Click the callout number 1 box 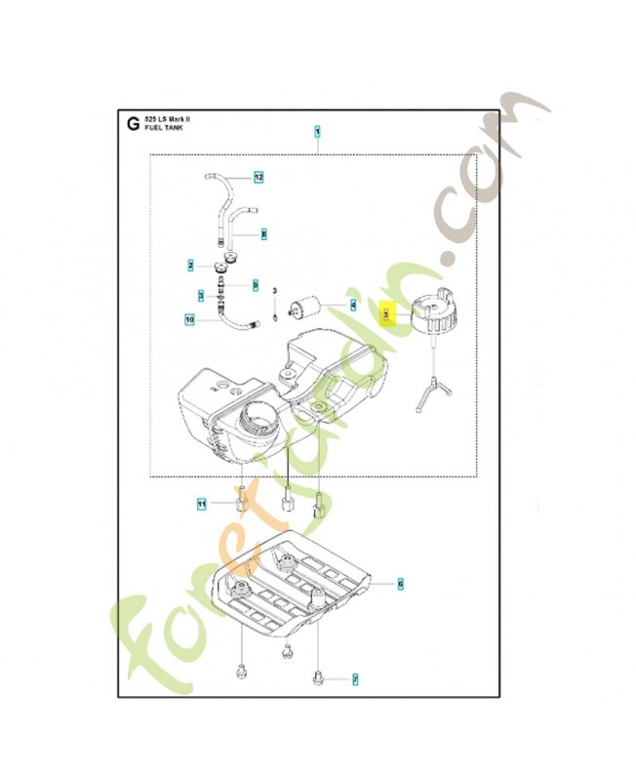click(x=317, y=130)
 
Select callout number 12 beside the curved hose click(x=259, y=178)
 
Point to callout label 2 click(x=192, y=265)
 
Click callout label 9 click(x=256, y=284)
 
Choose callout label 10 click(x=190, y=318)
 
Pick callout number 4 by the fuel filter click(x=354, y=304)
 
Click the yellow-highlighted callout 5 click(x=386, y=313)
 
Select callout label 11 click(x=202, y=504)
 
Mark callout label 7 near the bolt click(x=355, y=678)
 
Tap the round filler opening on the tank click(x=262, y=422)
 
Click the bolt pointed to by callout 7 click(x=319, y=675)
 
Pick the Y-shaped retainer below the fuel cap click(x=431, y=386)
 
